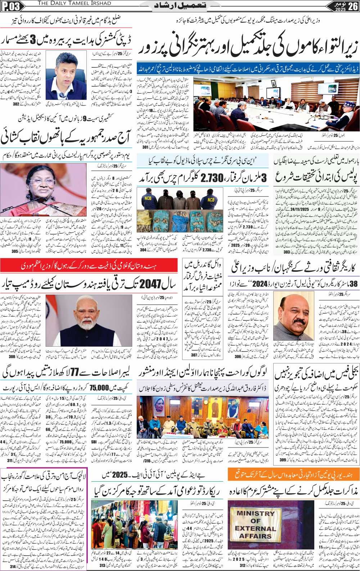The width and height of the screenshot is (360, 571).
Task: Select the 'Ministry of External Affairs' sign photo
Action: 256,525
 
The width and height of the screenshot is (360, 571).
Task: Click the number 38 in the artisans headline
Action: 354,284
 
